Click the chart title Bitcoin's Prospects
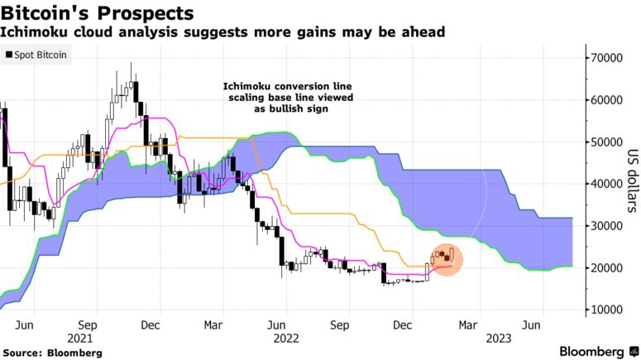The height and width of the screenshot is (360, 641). click(x=98, y=13)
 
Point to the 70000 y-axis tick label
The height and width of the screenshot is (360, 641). click(x=604, y=58)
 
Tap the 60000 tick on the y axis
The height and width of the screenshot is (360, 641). click(x=604, y=100)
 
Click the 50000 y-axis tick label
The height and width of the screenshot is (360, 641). click(x=604, y=142)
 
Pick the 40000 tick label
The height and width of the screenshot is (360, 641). click(x=604, y=184)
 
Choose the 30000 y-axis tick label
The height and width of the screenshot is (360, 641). click(x=604, y=226)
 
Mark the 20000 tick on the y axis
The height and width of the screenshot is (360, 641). click(x=604, y=268)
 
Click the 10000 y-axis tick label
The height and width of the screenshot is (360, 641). click(x=604, y=310)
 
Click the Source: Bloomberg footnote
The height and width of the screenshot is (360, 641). click(x=51, y=353)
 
